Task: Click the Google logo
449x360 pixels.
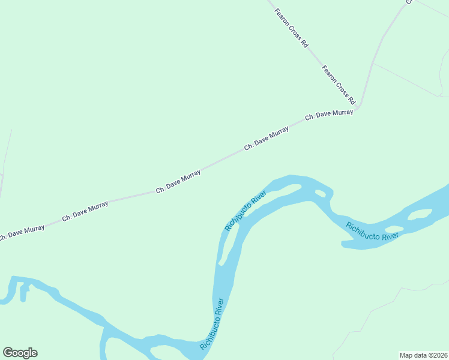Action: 20,353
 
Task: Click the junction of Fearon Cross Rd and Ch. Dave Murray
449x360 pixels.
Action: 357,107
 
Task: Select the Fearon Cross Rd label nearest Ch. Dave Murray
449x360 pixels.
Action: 339,85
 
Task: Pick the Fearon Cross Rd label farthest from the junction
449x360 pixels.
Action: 292,28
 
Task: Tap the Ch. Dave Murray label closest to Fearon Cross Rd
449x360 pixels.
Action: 328,114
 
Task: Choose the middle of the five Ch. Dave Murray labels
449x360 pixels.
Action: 178,181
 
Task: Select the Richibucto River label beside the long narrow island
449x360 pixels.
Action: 245,211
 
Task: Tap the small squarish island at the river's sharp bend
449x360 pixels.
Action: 320,193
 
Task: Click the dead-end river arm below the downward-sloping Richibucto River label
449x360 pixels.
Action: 351,244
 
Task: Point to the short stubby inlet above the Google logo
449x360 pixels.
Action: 23,292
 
